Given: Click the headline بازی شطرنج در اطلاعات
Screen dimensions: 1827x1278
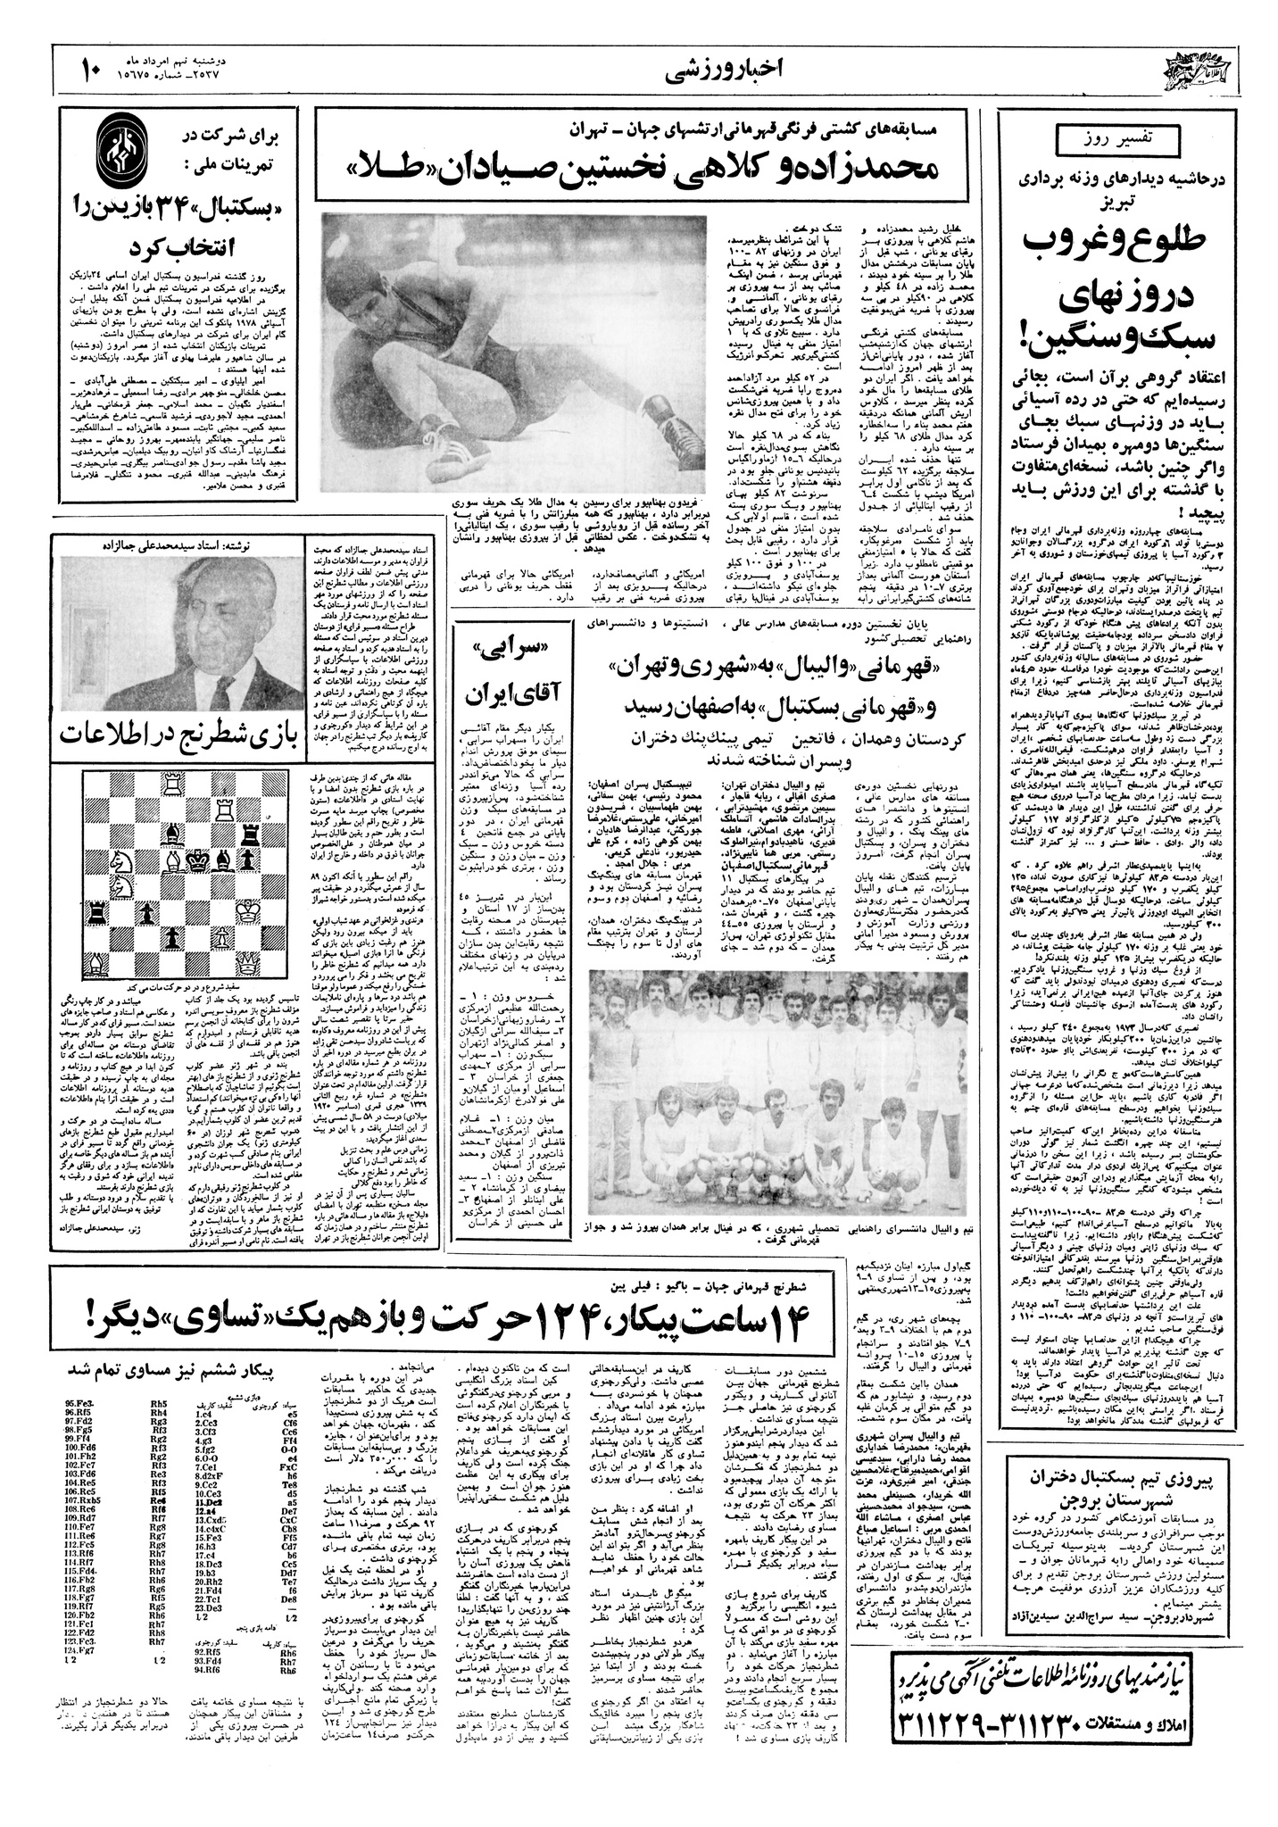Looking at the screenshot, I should (178, 732).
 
